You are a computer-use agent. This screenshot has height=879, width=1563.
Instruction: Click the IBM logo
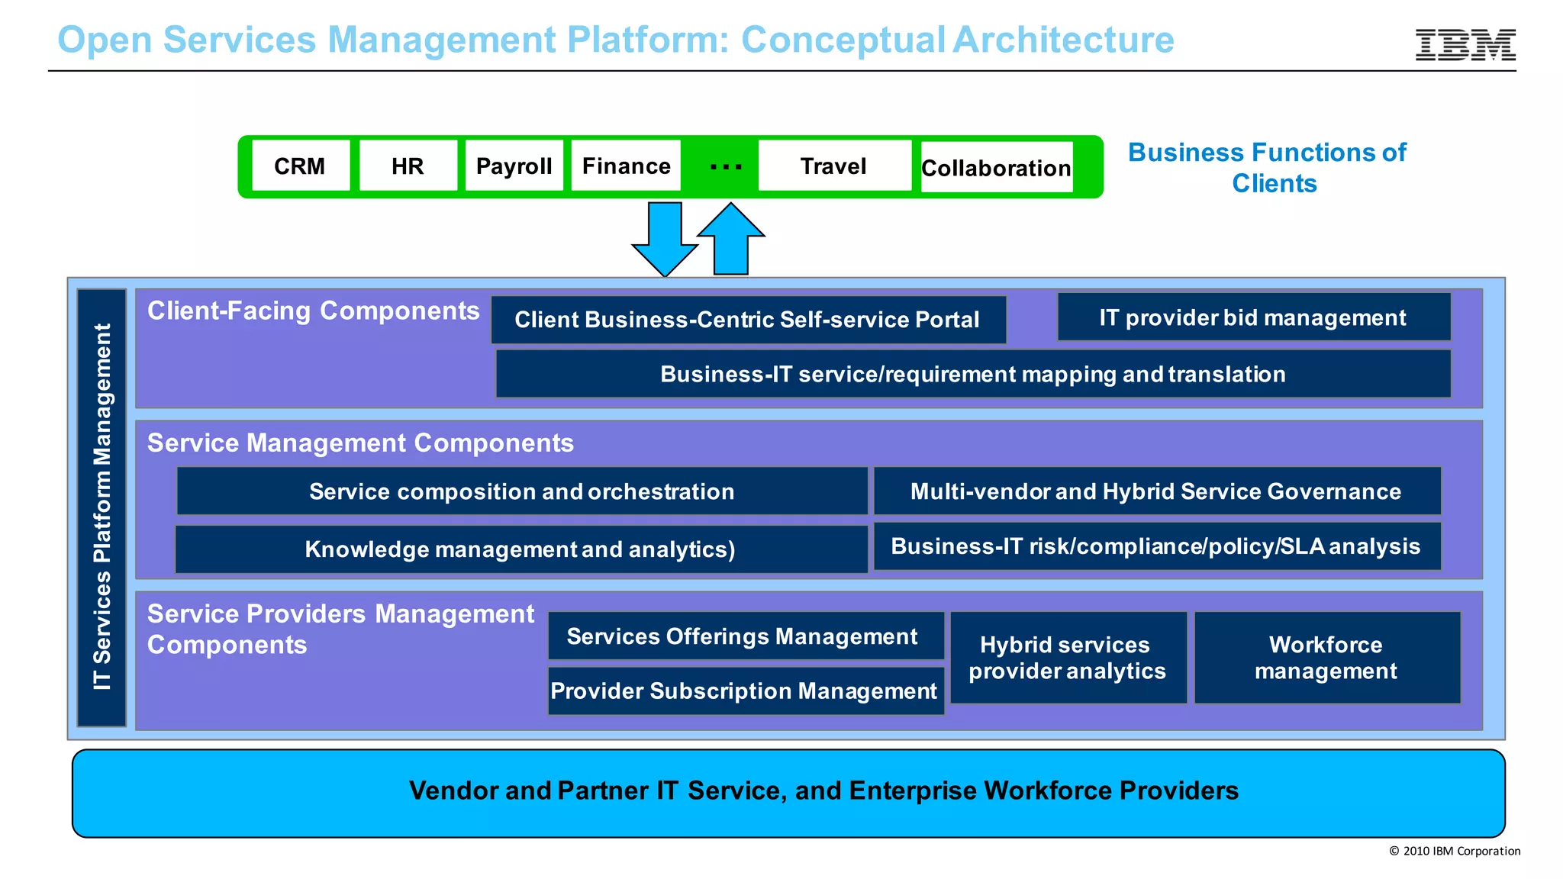[x=1465, y=45]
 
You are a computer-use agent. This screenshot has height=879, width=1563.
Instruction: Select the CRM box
[x=301, y=166]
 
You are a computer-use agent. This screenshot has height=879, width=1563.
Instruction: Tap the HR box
[x=408, y=166]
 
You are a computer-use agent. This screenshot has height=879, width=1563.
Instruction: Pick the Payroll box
[x=514, y=166]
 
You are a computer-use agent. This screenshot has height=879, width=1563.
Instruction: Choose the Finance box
[x=626, y=166]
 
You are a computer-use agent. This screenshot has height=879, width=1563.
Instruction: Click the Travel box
[x=833, y=166]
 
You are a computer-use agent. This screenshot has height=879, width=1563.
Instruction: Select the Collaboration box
[x=996, y=167]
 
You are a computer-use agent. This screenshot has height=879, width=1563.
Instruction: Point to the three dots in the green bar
[x=725, y=166]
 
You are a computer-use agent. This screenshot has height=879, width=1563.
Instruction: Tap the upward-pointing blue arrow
[x=730, y=238]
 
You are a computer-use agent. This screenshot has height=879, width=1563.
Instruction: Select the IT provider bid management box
[x=1253, y=317]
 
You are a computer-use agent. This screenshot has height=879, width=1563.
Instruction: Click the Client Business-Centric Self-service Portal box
[x=748, y=320]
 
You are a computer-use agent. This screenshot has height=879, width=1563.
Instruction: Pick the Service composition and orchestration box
[x=522, y=491]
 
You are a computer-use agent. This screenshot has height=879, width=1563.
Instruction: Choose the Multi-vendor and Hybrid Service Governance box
[x=1156, y=491]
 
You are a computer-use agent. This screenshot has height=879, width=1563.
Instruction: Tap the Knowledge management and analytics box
[x=520, y=549]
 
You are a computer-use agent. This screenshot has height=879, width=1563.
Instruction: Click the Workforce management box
[x=1326, y=657]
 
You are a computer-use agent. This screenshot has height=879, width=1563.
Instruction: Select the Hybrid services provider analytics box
[x=1068, y=657]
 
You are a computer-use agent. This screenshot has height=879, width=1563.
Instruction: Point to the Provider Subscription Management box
[x=745, y=691]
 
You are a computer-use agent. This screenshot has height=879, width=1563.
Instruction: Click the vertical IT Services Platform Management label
[x=102, y=507]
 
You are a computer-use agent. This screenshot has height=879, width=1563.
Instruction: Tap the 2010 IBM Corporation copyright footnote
[x=1455, y=851]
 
